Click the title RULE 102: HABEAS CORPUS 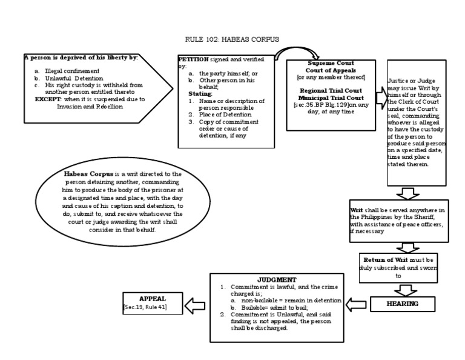232,39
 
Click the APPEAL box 152,302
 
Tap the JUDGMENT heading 277,279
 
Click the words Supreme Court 331,62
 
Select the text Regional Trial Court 331,90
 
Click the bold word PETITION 193,59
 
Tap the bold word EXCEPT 47,99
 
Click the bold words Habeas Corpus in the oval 87,174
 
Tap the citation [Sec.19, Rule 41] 145,308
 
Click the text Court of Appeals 331,70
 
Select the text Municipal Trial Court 331,97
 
